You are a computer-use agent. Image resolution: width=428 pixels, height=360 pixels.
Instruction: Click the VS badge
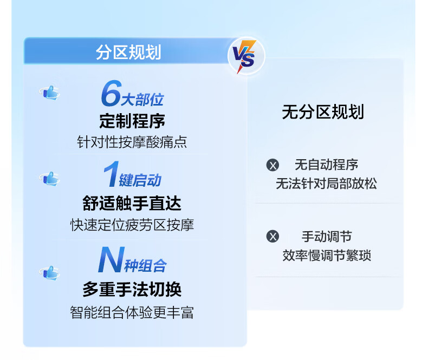pyautogui.click(x=246, y=56)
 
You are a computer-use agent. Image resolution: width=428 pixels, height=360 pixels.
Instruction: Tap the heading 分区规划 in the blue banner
pyautogui.click(x=128, y=52)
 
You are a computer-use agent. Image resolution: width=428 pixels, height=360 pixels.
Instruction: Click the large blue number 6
pyautogui.click(x=112, y=93)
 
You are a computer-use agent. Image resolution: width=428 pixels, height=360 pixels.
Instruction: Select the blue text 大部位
pyautogui.click(x=142, y=100)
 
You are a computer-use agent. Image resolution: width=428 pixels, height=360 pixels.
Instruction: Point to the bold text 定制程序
pyautogui.click(x=132, y=121)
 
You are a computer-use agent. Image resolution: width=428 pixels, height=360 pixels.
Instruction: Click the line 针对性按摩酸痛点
pyautogui.click(x=132, y=142)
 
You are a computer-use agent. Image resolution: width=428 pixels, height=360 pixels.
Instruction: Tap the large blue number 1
pyautogui.click(x=112, y=174)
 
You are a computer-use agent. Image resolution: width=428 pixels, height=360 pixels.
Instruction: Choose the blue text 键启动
pyautogui.click(x=140, y=180)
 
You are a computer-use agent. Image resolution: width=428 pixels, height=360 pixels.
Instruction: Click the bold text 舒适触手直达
pyautogui.click(x=132, y=203)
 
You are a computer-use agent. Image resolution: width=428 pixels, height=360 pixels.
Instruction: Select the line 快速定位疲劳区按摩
pyautogui.click(x=132, y=225)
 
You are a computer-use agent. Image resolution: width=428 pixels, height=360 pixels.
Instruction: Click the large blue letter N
pyautogui.click(x=112, y=259)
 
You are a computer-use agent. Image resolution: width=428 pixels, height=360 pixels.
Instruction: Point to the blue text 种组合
pyautogui.click(x=146, y=266)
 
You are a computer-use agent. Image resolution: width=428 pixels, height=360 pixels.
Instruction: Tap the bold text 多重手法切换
pyautogui.click(x=132, y=289)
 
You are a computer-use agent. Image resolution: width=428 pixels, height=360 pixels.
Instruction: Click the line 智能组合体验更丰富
pyautogui.click(x=132, y=312)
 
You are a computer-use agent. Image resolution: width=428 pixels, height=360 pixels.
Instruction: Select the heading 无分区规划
pyautogui.click(x=323, y=112)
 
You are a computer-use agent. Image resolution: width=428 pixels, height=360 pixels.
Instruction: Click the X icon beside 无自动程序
pyautogui.click(x=273, y=165)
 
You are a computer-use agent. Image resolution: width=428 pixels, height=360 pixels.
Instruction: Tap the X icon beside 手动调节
pyautogui.click(x=273, y=236)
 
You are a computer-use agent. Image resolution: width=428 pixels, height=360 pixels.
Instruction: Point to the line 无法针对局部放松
pyautogui.click(x=327, y=184)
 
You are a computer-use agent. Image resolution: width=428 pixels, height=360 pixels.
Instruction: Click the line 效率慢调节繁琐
pyautogui.click(x=327, y=256)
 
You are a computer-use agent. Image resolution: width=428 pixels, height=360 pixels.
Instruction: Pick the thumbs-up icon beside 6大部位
pyautogui.click(x=50, y=93)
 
